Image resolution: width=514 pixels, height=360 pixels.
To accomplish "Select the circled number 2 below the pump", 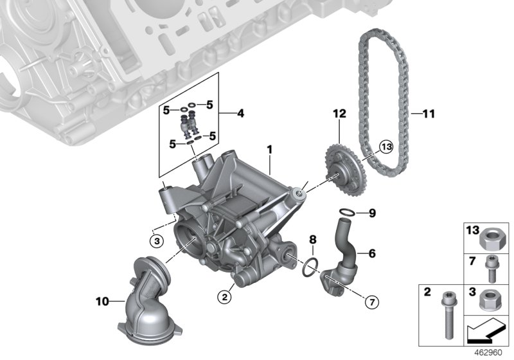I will pyautogui.click(x=223, y=296).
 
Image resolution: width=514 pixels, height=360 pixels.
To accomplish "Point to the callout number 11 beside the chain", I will pyautogui.click(x=429, y=114).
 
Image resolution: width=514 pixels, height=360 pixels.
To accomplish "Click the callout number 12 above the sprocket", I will pyautogui.click(x=339, y=114).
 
